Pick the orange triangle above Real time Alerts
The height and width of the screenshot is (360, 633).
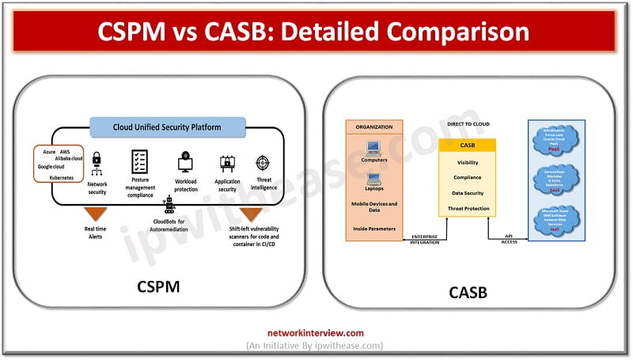(x=97, y=214)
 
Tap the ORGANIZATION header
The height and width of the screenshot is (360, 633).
(x=373, y=126)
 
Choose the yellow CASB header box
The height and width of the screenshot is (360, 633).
(x=468, y=145)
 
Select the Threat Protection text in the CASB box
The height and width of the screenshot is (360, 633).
(x=468, y=209)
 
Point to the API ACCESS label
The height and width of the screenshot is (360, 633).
(x=511, y=238)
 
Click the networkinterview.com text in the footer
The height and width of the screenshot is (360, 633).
(x=316, y=333)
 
